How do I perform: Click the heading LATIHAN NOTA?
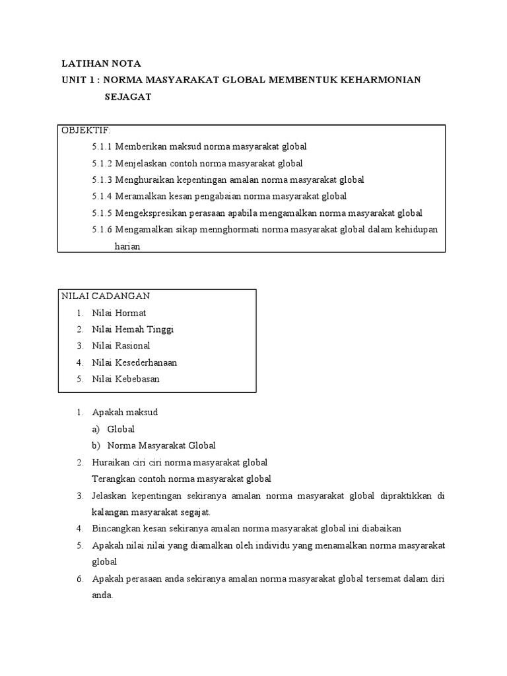click(101, 63)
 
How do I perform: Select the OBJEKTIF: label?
click(86, 129)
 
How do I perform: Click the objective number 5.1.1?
click(102, 147)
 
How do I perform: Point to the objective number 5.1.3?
click(102, 180)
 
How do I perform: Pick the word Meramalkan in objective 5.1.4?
click(139, 196)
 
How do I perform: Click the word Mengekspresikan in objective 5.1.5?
click(149, 213)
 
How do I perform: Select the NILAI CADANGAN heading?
click(106, 296)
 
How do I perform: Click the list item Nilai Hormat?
click(119, 313)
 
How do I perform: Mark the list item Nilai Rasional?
click(121, 346)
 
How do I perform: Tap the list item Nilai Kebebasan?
click(125, 379)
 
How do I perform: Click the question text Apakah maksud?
click(125, 413)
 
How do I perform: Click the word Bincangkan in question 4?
click(116, 529)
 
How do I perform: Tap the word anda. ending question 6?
click(102, 595)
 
